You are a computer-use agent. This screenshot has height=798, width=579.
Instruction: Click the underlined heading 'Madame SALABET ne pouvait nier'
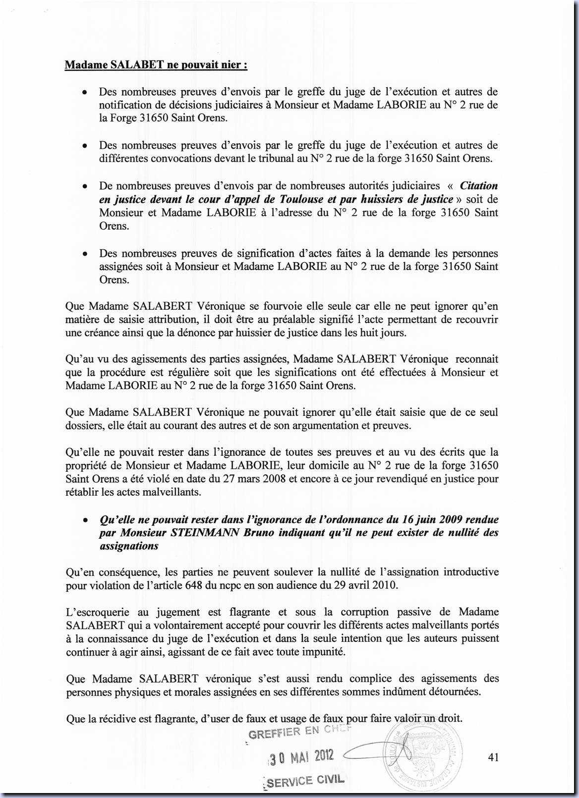point(156,65)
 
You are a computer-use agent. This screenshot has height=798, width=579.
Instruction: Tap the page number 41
point(493,757)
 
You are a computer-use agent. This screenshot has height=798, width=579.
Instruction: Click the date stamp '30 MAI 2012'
point(301,757)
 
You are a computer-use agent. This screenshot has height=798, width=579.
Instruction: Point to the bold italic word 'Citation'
point(478,186)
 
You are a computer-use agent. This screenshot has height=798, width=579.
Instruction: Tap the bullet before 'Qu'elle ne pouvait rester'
point(86,520)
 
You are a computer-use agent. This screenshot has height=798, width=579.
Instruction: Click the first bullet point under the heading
point(86,93)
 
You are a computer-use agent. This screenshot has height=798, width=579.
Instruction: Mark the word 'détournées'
point(455,691)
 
